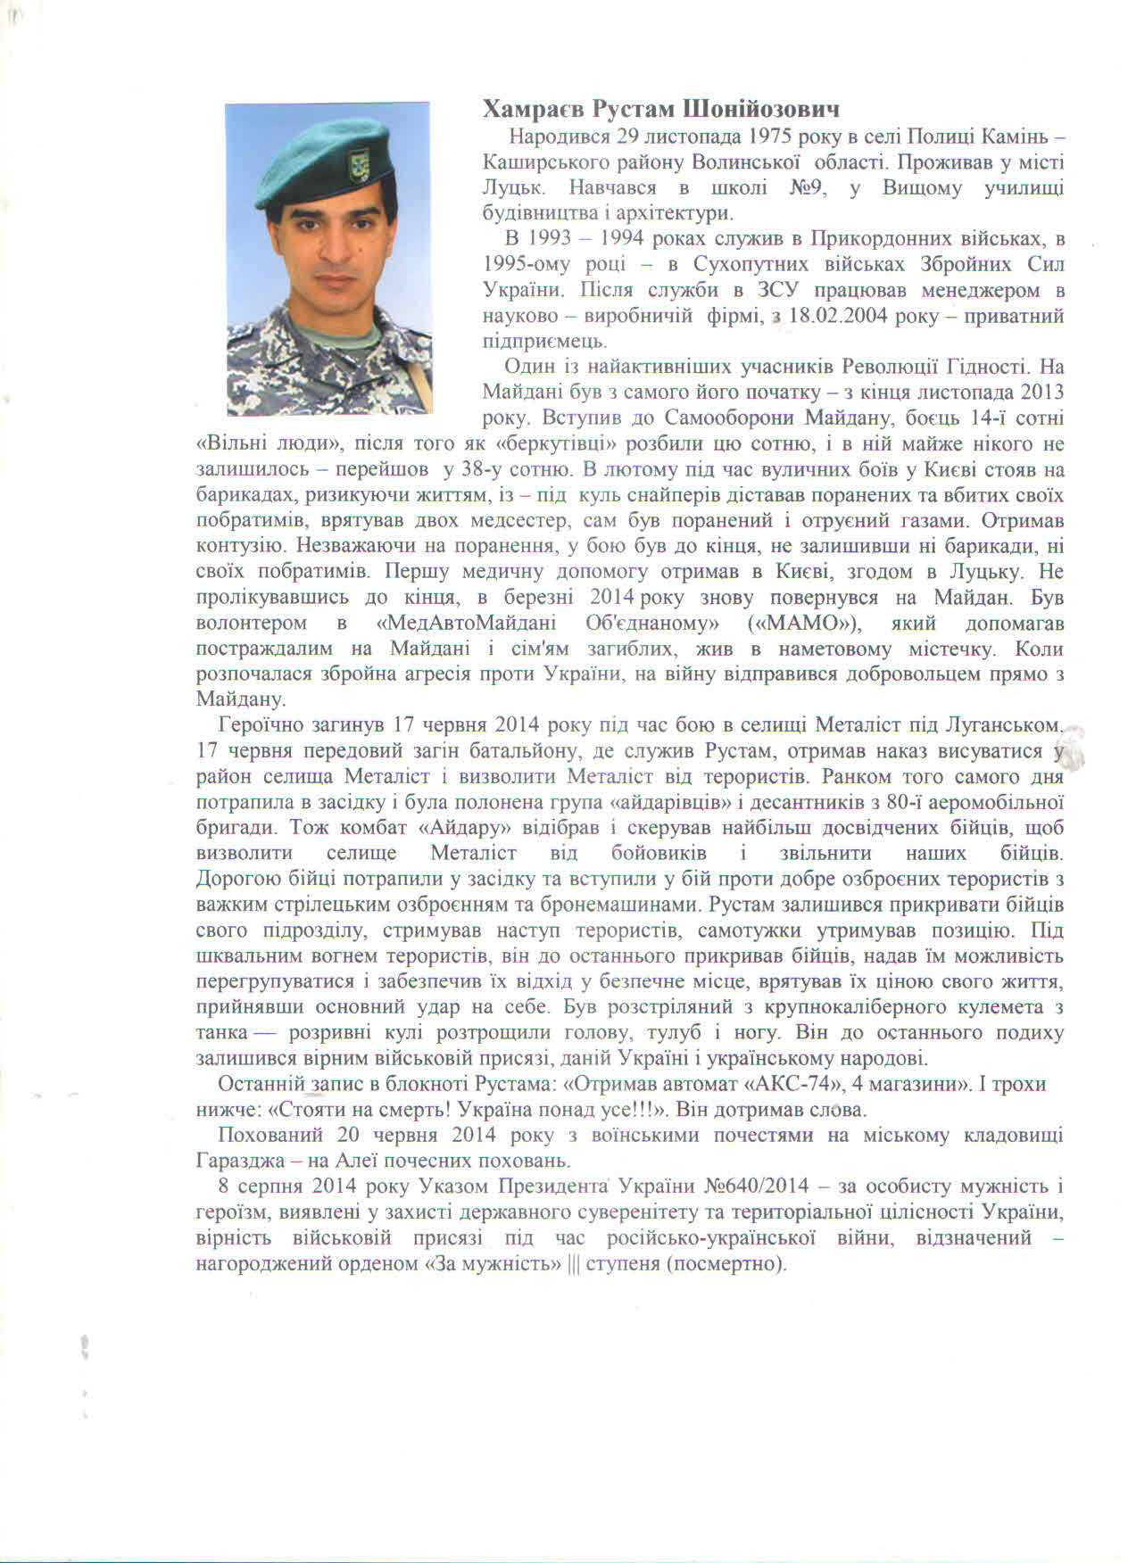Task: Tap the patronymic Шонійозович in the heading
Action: tap(763, 109)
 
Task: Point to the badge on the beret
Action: tap(363, 166)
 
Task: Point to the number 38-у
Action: tap(483, 469)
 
